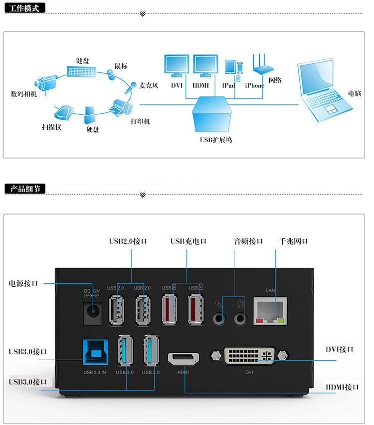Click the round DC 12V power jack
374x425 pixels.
coord(93,311)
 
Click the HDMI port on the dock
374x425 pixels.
coord(184,358)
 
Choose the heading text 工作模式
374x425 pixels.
coord(23,8)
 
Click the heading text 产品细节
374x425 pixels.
coord(23,189)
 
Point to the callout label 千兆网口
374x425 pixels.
coord(293,241)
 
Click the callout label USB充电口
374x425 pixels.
coord(188,241)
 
